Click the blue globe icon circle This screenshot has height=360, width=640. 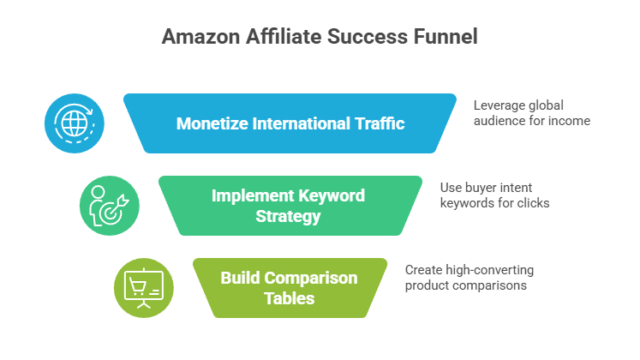[75, 123]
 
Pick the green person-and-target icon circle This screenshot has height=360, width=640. [108, 205]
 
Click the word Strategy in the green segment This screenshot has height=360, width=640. [289, 216]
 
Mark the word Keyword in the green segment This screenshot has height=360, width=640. [332, 195]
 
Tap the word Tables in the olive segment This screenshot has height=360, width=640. [289, 298]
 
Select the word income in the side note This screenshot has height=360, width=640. [571, 121]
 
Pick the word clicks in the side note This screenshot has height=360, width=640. [532, 202]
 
